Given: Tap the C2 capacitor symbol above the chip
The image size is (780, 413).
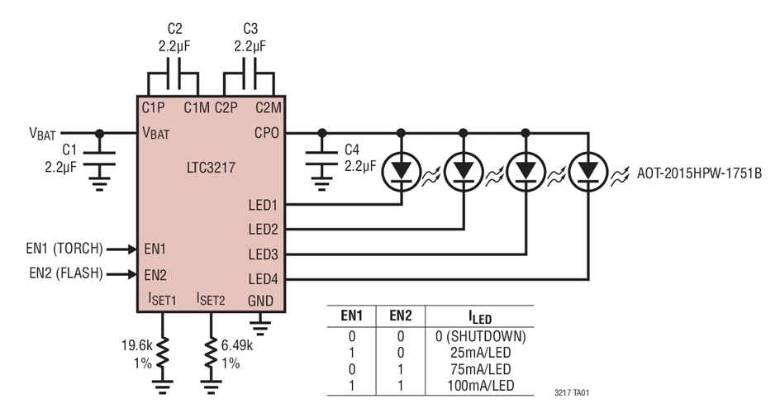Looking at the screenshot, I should (174, 83).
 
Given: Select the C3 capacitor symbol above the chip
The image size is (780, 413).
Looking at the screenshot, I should (250, 83).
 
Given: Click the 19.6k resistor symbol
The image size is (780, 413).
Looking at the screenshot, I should (164, 358).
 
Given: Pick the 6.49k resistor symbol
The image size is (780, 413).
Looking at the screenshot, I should (212, 358).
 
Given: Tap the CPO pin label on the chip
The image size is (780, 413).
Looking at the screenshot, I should (267, 133).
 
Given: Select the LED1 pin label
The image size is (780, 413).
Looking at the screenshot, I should (264, 204).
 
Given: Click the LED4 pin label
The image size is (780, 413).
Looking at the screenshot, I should (264, 279).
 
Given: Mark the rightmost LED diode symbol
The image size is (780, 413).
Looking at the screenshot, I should (588, 170).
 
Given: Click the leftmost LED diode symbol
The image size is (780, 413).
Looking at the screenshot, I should (402, 170).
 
